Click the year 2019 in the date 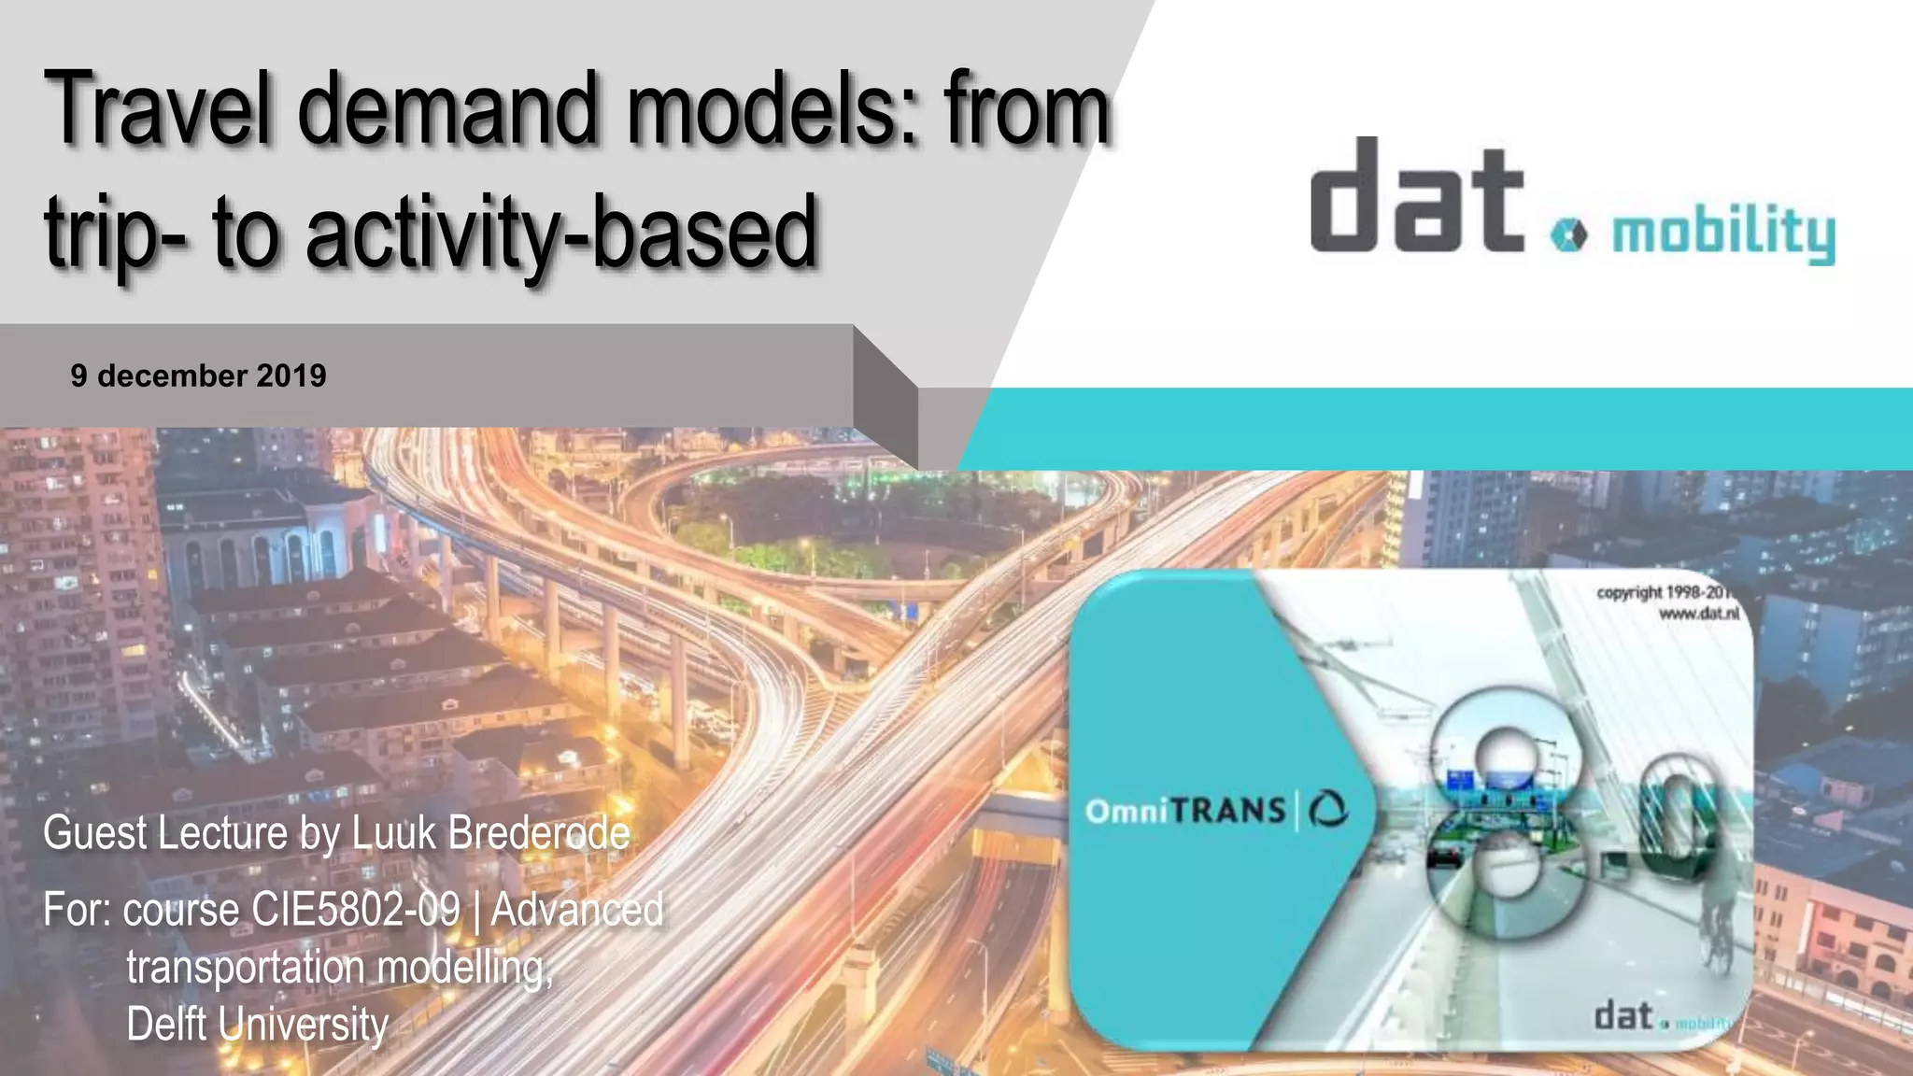[x=290, y=375]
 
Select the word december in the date [x=172, y=375]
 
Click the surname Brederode [x=539, y=832]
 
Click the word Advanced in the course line [x=577, y=909]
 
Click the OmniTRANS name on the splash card [x=1185, y=810]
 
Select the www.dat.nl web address [x=1698, y=614]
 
